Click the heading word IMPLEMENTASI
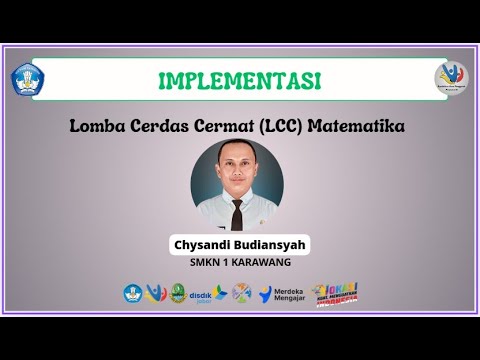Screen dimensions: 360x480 pyautogui.click(x=239, y=80)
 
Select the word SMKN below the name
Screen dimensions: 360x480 pyautogui.click(x=207, y=264)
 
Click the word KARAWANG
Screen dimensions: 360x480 pyautogui.click(x=258, y=264)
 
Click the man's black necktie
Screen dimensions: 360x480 pyautogui.click(x=237, y=213)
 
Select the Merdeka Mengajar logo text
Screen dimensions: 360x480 pyautogui.click(x=287, y=293)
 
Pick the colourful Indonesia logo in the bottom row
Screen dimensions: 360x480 pyautogui.click(x=335, y=292)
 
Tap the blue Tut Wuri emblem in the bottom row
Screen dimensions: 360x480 pyautogui.click(x=133, y=293)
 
